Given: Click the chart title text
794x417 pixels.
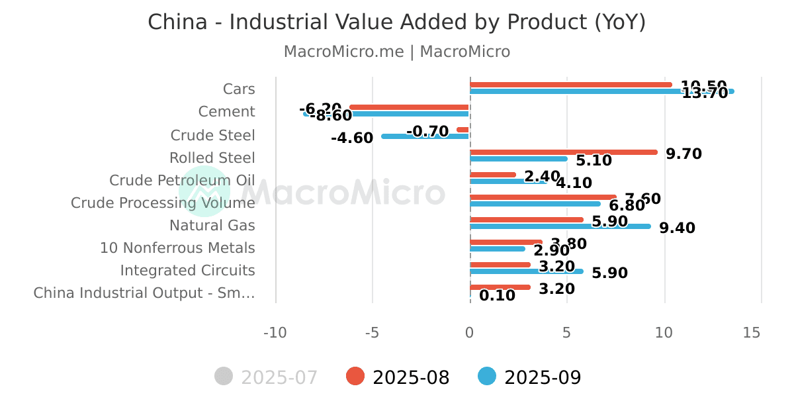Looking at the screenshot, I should coord(396,22).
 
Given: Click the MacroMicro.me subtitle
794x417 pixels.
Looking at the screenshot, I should coord(396,52).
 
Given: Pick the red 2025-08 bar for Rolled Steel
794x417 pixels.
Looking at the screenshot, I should coord(563,152).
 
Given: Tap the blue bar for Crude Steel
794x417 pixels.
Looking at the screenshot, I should coord(425,136).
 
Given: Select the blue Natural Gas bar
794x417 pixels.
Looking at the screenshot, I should coord(560,226).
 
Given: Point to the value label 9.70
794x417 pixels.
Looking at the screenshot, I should coord(684,154).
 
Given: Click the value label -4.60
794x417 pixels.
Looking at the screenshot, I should coord(352,138).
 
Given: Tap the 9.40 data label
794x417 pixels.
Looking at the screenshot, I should coord(677,228).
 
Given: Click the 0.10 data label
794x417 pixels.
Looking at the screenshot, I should coord(497,296).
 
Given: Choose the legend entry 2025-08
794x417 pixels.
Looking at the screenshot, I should coord(398,377).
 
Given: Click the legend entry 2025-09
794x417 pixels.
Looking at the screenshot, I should coord(529,377).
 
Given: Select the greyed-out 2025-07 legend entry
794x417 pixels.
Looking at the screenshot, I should coord(267,377).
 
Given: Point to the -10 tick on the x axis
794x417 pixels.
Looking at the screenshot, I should coord(275,333).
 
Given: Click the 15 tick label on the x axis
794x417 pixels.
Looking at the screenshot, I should coord(752,333).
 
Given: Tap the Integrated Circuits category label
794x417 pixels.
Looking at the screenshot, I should coord(187,271).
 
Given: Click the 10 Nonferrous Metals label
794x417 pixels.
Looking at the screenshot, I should coord(177,248).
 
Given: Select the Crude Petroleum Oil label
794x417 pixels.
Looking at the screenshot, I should coord(182,181).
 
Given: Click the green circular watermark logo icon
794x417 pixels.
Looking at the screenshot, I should coord(203,191).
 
